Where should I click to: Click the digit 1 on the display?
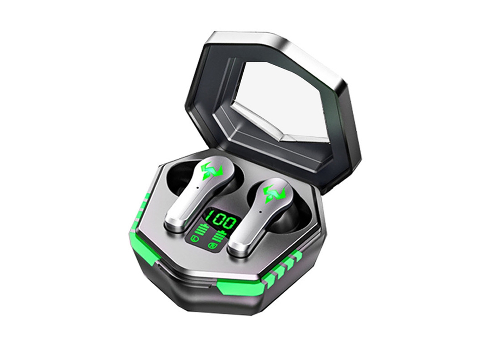click(209, 217)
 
